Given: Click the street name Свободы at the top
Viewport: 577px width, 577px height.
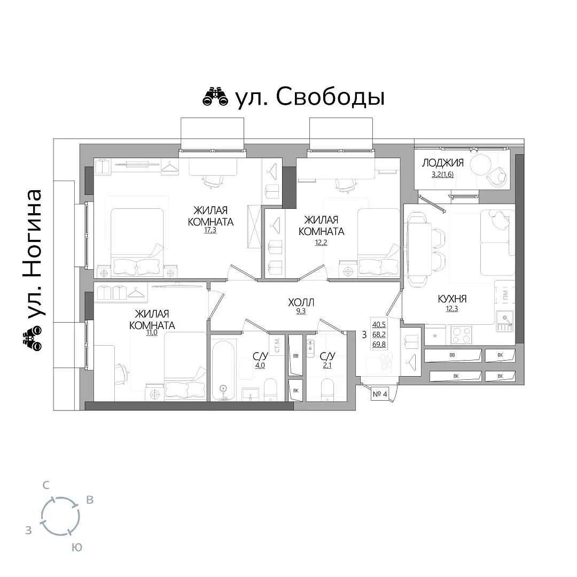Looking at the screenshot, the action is pos(330,98).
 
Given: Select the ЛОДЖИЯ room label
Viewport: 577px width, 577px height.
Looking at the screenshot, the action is pos(443,162).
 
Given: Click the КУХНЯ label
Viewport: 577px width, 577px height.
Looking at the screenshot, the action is pos(453,299).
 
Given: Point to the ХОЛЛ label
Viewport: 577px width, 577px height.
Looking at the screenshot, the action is pos(301,302).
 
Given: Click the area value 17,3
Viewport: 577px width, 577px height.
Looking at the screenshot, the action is pos(210,230).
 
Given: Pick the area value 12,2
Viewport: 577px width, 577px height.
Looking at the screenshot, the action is pos(321,242).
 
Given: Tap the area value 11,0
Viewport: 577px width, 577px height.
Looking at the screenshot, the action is pos(152,333).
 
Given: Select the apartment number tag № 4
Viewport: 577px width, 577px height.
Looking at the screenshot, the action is pos(380,394).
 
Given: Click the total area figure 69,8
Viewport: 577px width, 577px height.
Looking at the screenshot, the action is pos(379,345).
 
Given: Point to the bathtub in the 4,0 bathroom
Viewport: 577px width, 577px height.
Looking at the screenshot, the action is pos(223,370).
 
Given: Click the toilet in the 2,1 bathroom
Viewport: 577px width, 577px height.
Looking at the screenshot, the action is pos(327,391).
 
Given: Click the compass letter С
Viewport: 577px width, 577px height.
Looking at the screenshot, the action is pos(45,486).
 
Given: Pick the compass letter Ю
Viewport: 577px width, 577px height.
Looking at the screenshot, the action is pos(76,548).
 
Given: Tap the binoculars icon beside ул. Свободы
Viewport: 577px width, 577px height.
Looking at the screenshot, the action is pos(215,97).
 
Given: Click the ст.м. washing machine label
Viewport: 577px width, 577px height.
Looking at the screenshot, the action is pos(277,345).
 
